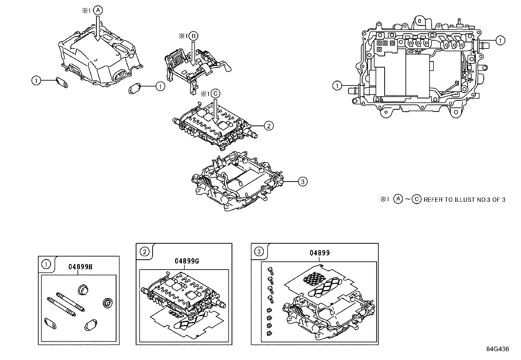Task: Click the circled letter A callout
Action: coord(98,10)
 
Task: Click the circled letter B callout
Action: coord(193,36)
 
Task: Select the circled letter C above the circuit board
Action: coord(215,94)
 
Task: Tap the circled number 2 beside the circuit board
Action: coord(268,125)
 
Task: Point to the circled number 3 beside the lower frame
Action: coord(303,181)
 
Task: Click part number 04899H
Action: coord(81,267)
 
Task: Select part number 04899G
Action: coord(187,261)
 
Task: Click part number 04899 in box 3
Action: coord(320,253)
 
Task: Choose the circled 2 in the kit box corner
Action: coord(144,252)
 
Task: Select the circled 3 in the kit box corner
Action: coord(259,252)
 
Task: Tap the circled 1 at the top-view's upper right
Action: coord(500,40)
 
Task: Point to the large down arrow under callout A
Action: coord(98,29)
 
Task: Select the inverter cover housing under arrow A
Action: coord(98,62)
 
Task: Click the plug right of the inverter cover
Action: coord(135,88)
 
